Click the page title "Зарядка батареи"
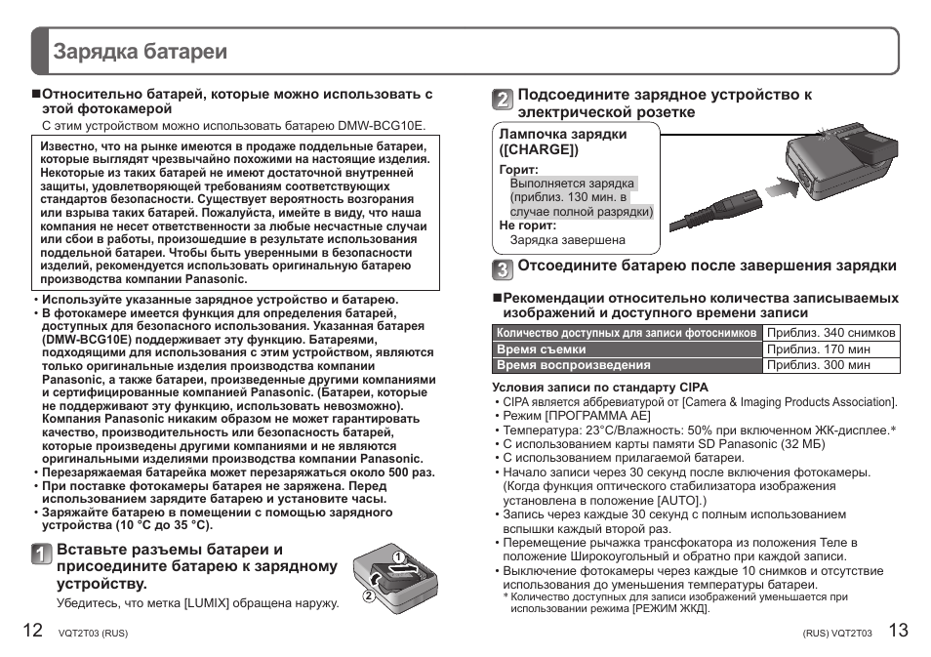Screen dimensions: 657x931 [x=141, y=52]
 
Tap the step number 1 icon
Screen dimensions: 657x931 [x=40, y=554]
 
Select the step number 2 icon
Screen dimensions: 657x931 [x=502, y=100]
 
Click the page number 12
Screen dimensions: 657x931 [x=31, y=630]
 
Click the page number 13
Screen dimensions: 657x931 [x=898, y=630]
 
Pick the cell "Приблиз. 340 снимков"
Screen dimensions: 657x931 [x=830, y=333]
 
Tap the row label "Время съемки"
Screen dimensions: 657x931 [x=542, y=349]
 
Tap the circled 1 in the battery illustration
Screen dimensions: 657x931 [x=398, y=557]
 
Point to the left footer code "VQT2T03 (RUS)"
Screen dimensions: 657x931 [x=94, y=633]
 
